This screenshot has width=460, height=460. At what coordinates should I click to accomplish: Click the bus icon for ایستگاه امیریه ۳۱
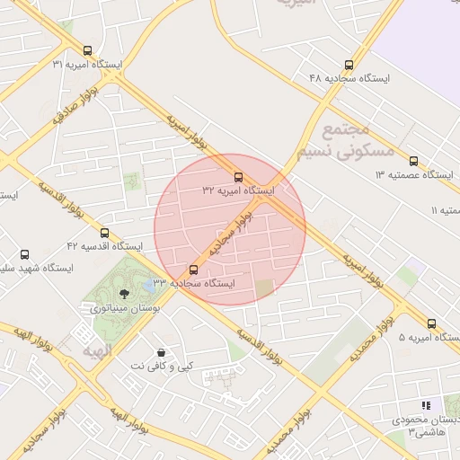point(87,51)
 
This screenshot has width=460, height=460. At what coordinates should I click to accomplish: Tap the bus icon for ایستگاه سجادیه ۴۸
point(349,65)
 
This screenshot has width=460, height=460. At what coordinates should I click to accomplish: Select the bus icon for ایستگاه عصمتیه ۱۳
point(413,162)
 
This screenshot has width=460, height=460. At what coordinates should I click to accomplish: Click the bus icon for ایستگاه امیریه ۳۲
point(238,177)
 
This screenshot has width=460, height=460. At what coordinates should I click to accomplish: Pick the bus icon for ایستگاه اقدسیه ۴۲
point(104,233)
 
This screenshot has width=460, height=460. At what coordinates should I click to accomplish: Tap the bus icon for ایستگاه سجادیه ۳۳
point(193,270)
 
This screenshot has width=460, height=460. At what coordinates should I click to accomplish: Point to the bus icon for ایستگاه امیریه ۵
point(431,323)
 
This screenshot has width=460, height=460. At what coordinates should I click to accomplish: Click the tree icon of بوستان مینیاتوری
point(124,293)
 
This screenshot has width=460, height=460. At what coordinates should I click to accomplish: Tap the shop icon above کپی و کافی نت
point(161,352)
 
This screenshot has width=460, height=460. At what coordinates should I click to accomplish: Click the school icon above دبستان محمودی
point(426,406)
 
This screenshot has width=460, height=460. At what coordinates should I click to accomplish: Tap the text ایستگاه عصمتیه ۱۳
point(417,173)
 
